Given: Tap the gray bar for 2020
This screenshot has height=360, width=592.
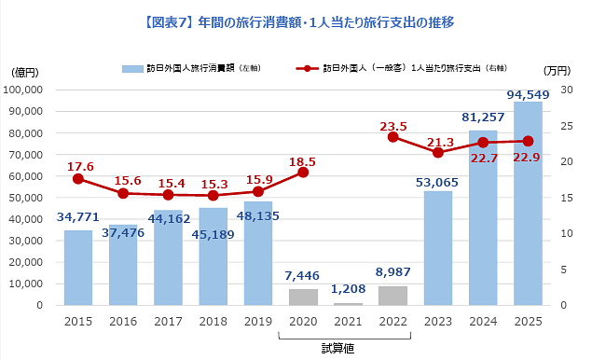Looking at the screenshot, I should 302,297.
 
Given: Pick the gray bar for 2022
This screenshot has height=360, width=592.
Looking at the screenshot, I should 392,296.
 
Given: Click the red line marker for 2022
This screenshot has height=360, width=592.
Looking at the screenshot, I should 392,137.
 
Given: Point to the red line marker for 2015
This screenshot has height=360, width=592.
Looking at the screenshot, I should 78,179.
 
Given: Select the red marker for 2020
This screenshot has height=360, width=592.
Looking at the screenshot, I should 302,173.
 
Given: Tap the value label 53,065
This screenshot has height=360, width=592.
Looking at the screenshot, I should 437,181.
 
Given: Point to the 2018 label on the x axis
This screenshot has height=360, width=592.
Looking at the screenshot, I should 213,322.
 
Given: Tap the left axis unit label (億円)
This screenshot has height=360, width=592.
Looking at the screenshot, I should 25,71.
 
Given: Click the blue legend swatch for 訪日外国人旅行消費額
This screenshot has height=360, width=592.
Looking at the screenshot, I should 131,68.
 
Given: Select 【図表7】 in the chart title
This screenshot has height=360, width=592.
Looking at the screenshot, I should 168,21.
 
